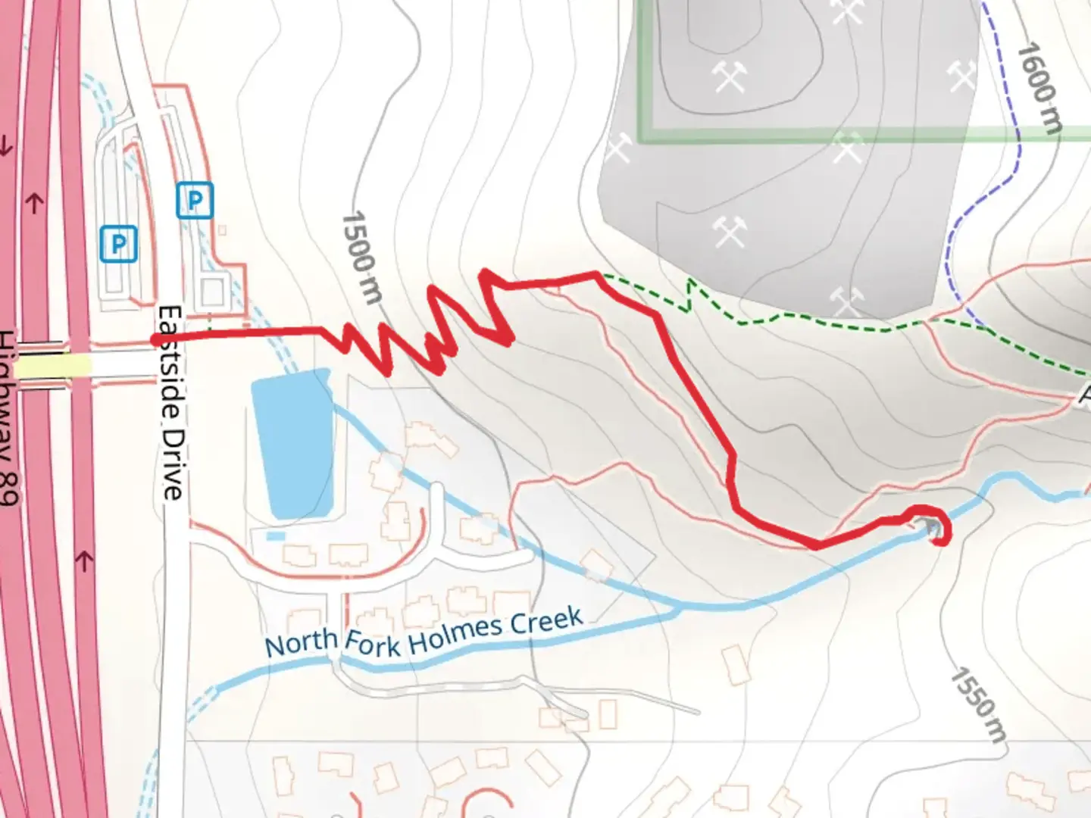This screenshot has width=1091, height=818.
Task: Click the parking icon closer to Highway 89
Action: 118,244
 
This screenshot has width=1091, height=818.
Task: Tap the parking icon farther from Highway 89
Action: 195,201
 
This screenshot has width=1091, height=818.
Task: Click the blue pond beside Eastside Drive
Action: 294,443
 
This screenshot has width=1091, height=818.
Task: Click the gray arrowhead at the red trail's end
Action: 930,526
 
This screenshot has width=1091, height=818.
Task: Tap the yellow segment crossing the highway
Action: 53,367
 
